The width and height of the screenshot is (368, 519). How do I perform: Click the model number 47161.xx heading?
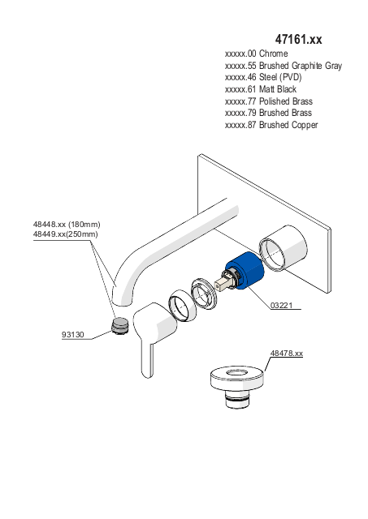pos(298,40)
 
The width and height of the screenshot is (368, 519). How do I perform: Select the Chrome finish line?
pos(256,54)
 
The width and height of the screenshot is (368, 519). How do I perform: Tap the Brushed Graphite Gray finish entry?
pos(284,66)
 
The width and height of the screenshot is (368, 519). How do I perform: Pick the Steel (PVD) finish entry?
pos(263,77)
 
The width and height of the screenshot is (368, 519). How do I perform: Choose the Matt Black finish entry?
pos(261,89)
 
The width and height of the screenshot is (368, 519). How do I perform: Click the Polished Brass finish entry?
pos(269,101)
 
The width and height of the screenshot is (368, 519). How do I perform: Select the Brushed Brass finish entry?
pos(268,113)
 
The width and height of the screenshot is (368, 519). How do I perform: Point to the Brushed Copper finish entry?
pos(271,125)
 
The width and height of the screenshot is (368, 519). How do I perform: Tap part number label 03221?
pos(281,305)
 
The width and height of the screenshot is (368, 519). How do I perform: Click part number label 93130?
pos(73,335)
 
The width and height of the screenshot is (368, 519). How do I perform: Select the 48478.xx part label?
pos(287,354)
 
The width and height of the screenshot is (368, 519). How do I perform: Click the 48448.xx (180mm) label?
pos(67,225)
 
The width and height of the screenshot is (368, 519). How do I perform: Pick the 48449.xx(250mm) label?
pos(65,234)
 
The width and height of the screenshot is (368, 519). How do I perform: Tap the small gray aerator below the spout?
pos(119,326)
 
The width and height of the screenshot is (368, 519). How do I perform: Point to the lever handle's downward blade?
pos(148,359)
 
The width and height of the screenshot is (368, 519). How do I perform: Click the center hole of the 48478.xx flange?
pos(237,373)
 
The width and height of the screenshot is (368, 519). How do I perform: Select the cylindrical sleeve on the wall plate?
pos(283,248)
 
